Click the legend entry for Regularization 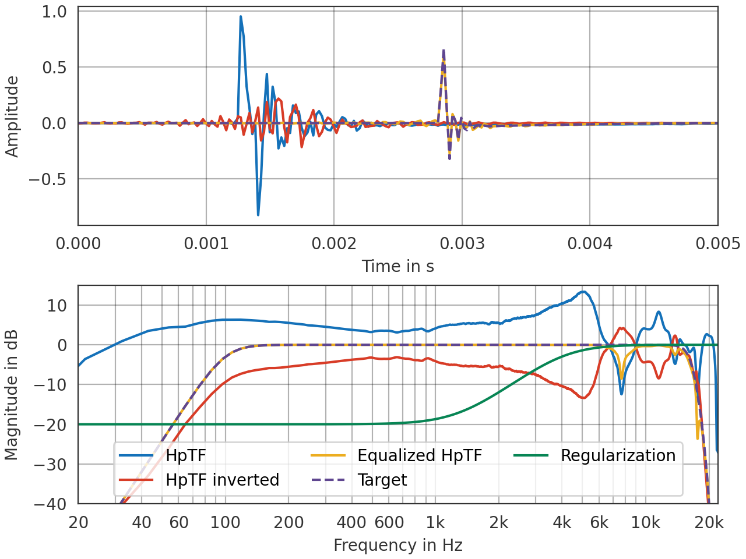[x=617, y=455]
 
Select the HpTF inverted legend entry [x=222, y=480]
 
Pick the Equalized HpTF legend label [x=420, y=455]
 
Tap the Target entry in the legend [x=382, y=480]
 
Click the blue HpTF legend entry [x=186, y=455]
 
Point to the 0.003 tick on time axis [x=462, y=243]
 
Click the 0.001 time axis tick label [x=206, y=243]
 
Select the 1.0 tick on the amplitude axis [x=54, y=12]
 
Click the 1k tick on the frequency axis [x=435, y=522]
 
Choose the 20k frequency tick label [x=709, y=522]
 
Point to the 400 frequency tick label [x=351, y=522]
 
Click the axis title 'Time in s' [x=397, y=266]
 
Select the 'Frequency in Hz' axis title [x=397, y=545]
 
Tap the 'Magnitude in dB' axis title [x=12, y=395]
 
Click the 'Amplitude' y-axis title [x=12, y=116]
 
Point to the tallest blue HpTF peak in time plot [x=240, y=17]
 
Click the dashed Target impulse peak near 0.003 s [x=444, y=51]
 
